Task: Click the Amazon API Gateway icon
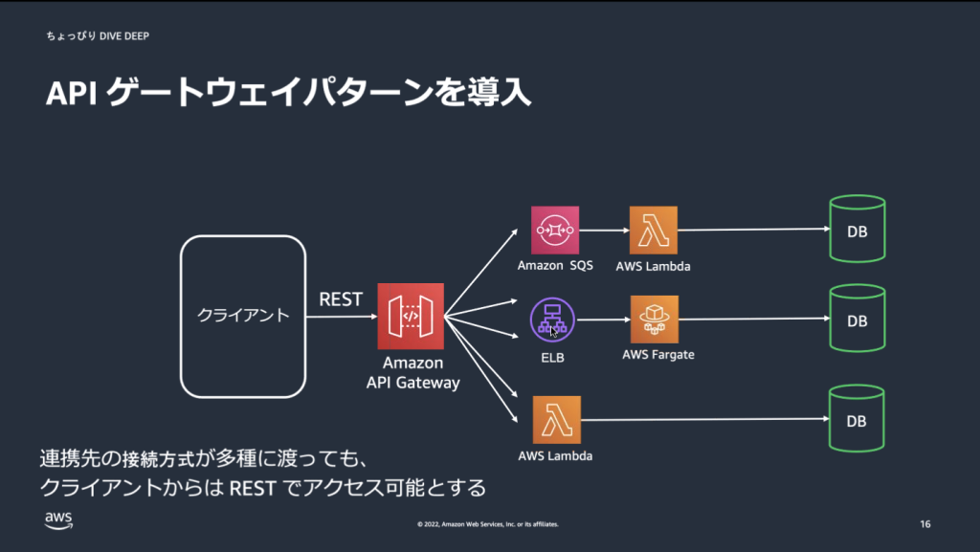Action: (412, 316)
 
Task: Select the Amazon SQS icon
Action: (555, 230)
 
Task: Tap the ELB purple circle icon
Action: (552, 320)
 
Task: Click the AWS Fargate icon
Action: (655, 319)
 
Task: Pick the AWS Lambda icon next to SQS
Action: (654, 230)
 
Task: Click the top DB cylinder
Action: (857, 230)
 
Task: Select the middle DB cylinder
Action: (857, 320)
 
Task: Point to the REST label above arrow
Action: (341, 299)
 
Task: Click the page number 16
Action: (924, 524)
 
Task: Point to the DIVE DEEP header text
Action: (123, 36)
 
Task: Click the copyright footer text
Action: (488, 524)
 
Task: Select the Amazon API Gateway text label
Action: (413, 373)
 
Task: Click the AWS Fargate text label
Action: (657, 355)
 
